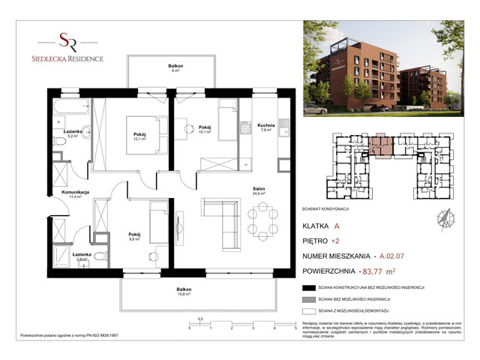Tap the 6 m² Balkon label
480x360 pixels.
[x=175, y=69]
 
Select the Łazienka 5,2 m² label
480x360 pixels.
[x=73, y=133]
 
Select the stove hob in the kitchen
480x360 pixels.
[x=244, y=130]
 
